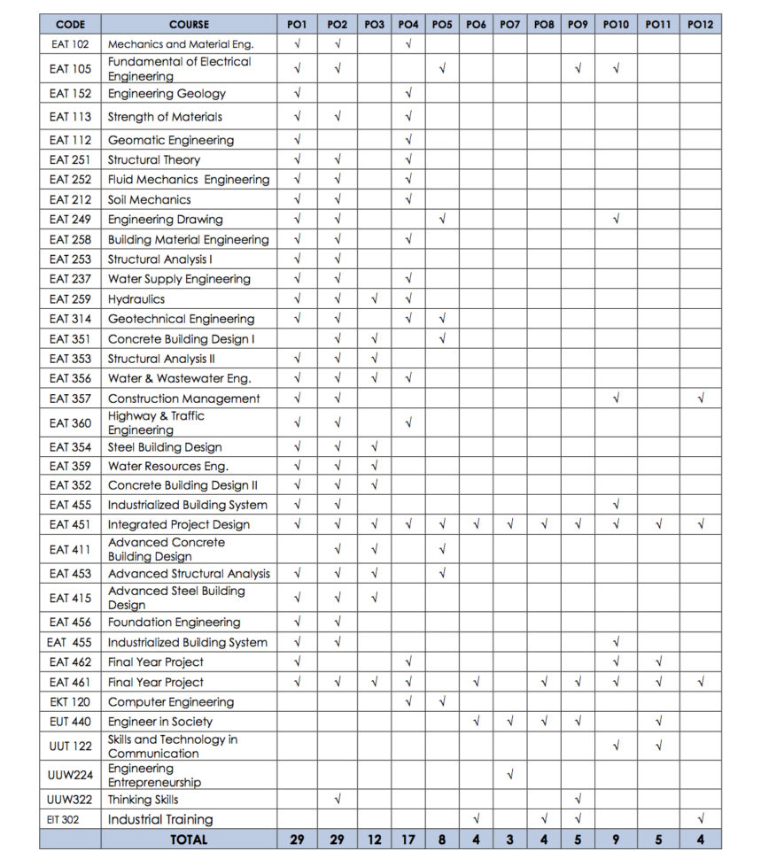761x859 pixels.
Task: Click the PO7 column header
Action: [x=509, y=25]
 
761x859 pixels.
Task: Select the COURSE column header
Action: [x=189, y=25]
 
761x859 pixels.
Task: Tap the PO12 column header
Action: [x=700, y=25]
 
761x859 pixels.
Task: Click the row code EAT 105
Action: [x=70, y=68]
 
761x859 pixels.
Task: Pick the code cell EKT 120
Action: [x=70, y=702]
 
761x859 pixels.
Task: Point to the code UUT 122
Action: [x=70, y=746]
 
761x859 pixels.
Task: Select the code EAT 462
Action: [x=70, y=662]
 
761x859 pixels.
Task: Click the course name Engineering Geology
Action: [x=167, y=94]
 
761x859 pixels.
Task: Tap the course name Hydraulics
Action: [x=136, y=299]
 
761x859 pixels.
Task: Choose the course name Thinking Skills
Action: [x=143, y=800]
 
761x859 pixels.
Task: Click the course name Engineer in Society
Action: [x=160, y=722]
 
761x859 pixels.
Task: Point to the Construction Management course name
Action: [x=183, y=399]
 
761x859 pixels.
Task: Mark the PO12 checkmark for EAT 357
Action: [x=701, y=399]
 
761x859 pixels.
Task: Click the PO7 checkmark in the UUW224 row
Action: [x=510, y=775]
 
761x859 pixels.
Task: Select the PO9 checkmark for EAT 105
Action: [x=578, y=68]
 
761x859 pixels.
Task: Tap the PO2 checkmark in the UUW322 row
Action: [x=338, y=800]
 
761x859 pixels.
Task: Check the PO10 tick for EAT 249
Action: [x=616, y=219]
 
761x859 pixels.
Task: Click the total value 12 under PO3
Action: [x=375, y=840]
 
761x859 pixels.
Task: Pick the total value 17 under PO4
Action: [x=408, y=840]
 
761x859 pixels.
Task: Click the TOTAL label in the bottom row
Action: [x=189, y=840]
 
